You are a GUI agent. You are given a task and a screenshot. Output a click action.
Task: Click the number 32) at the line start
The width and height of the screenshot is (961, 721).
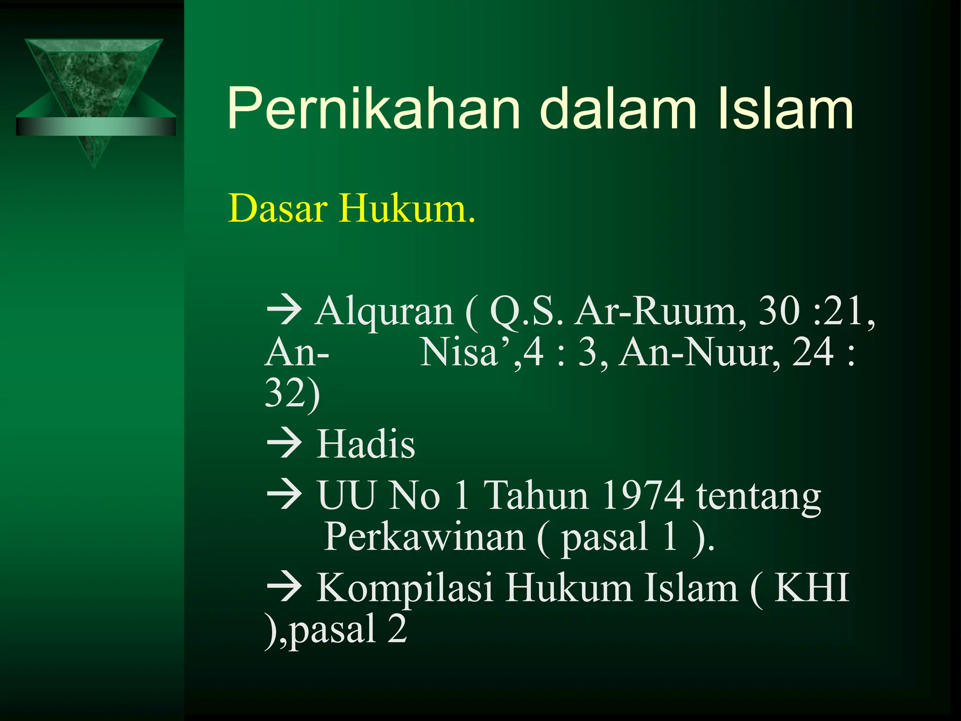(292, 393)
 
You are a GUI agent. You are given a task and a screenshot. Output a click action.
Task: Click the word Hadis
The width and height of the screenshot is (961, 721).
(366, 444)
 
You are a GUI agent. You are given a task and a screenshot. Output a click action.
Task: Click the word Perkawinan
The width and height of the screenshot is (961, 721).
(424, 536)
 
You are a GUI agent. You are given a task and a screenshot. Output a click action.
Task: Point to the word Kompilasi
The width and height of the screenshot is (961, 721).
(404, 588)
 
